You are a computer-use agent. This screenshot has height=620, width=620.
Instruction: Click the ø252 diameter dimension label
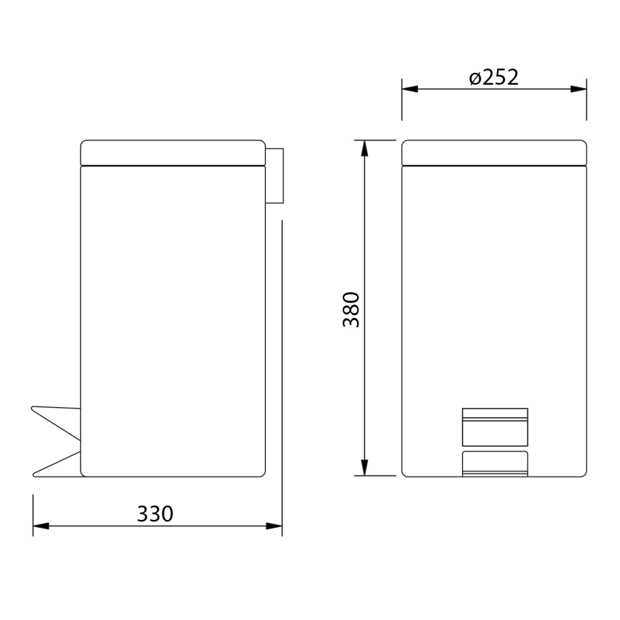[494, 77]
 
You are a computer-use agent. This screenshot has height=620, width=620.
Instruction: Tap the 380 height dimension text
[351, 309]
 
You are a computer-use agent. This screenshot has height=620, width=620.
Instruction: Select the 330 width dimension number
[155, 514]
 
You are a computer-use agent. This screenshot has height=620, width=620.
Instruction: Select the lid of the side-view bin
[172, 152]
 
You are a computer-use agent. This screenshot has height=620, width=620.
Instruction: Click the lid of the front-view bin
[494, 152]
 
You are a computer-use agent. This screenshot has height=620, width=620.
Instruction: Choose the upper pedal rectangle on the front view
[495, 426]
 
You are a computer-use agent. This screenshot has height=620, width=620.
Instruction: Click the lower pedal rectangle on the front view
[495, 463]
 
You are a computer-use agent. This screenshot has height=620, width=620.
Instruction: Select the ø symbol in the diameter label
[474, 78]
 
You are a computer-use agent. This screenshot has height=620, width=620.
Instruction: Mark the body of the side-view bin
[172, 314]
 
